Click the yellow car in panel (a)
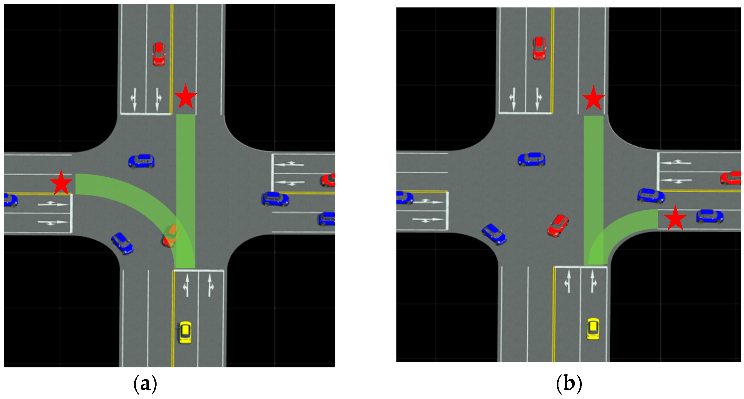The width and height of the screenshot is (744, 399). (185, 332)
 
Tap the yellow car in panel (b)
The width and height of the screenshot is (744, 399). (593, 329)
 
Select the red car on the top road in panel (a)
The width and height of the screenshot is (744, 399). (159, 54)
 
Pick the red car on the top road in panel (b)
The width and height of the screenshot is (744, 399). (539, 48)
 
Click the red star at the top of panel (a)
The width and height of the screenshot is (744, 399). (186, 97)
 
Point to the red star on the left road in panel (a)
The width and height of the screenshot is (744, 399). (61, 183)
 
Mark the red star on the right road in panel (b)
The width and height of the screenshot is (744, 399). (675, 219)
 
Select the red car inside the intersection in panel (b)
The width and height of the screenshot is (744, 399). (558, 225)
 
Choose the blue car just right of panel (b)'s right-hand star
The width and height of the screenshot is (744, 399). (710, 217)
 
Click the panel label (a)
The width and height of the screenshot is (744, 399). (145, 384)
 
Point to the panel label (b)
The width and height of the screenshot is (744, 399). (569, 384)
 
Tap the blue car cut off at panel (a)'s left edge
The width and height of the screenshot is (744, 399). (10, 200)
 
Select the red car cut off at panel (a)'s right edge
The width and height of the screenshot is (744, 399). (329, 180)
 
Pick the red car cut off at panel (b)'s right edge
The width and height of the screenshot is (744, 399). (731, 178)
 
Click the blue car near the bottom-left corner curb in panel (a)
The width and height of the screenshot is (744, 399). (122, 244)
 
